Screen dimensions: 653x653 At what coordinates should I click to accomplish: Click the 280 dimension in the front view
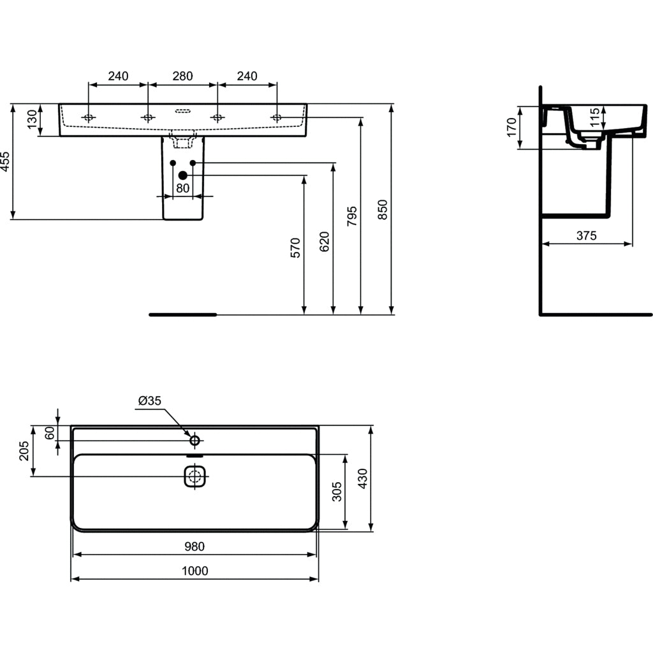point(182,77)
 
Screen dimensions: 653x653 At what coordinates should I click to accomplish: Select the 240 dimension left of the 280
point(118,77)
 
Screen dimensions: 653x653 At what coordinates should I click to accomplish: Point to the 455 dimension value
point(5,162)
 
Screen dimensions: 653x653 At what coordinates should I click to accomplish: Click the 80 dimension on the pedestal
point(182,188)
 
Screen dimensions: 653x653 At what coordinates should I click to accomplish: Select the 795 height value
point(353,217)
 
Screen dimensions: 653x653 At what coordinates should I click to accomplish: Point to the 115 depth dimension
point(595,119)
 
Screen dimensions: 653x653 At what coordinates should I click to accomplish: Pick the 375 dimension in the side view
point(586,236)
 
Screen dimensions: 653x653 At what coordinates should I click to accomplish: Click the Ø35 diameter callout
point(150,400)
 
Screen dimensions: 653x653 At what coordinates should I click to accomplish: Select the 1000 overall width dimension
point(194,571)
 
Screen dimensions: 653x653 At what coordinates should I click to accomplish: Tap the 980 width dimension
point(194,547)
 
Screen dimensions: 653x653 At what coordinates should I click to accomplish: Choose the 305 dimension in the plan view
point(337,491)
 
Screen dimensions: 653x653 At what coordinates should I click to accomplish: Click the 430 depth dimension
point(362,478)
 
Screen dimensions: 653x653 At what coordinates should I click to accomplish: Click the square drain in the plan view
point(195,476)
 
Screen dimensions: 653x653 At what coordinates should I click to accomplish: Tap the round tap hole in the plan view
point(195,440)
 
